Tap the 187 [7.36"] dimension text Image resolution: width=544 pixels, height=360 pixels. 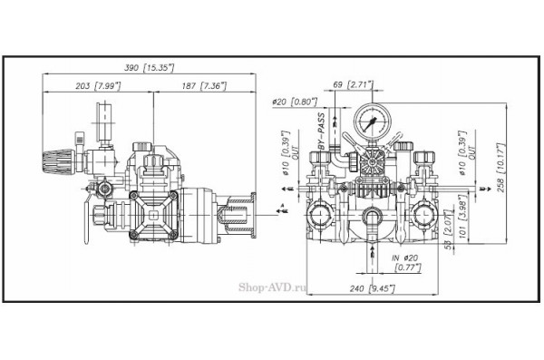tap(202, 84)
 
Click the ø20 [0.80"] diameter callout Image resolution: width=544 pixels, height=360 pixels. tap(294, 101)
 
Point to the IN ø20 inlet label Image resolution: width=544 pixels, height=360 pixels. tap(399, 257)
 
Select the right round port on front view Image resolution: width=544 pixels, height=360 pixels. tap(419, 214)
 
